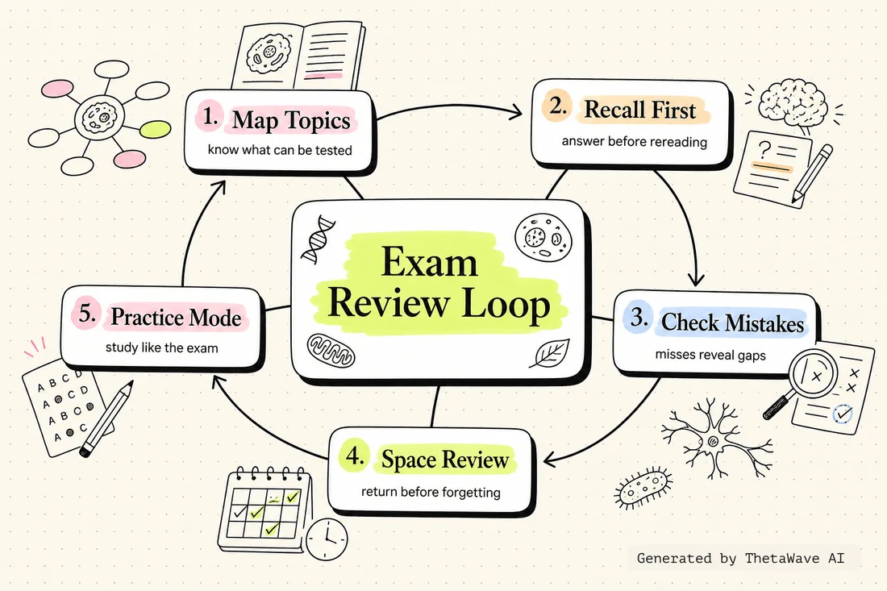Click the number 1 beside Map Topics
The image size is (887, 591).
click(x=210, y=116)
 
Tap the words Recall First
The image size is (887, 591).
click(x=639, y=109)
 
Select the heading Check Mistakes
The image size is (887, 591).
click(x=732, y=323)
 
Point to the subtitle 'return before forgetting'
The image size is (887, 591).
click(x=431, y=492)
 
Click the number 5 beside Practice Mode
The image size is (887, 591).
click(x=87, y=313)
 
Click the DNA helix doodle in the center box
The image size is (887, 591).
click(x=318, y=239)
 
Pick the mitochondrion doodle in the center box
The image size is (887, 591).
click(x=331, y=350)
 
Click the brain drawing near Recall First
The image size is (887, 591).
click(x=793, y=103)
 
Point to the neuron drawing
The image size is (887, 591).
click(x=711, y=439)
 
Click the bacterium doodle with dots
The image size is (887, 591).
click(x=643, y=488)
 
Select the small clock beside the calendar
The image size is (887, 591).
click(x=327, y=538)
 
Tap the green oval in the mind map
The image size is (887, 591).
click(x=155, y=130)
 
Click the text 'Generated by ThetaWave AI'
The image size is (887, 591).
click(x=740, y=558)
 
